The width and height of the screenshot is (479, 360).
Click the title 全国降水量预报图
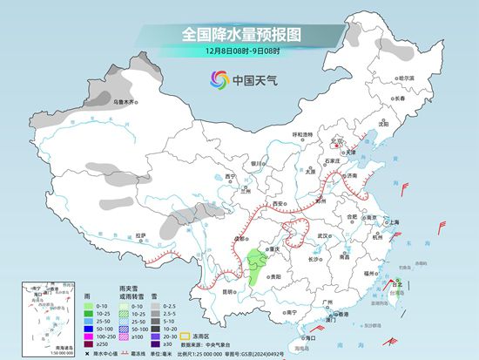(x=239, y=35)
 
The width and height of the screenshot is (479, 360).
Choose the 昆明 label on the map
(x=228, y=292)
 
